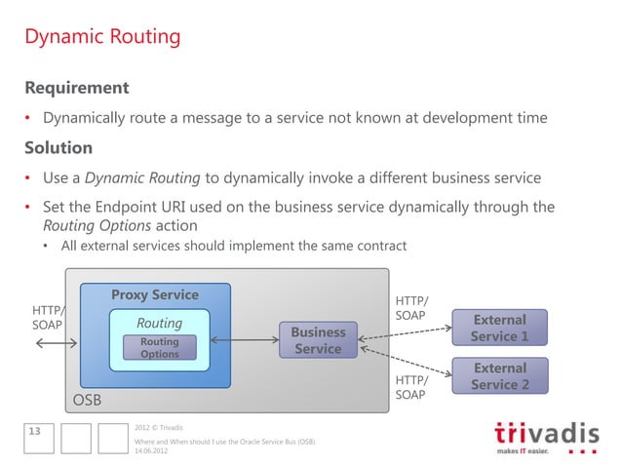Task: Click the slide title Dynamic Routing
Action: point(102,37)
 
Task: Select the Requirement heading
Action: point(77,88)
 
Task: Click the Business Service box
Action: point(318,340)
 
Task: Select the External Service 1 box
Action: point(499,328)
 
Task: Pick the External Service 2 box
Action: point(499,376)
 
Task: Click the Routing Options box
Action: point(159,348)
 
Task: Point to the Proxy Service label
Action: point(154,295)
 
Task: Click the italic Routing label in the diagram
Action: point(159,323)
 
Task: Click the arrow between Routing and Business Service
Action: point(244,340)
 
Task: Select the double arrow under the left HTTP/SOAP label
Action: point(57,344)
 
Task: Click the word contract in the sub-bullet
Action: point(378,245)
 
